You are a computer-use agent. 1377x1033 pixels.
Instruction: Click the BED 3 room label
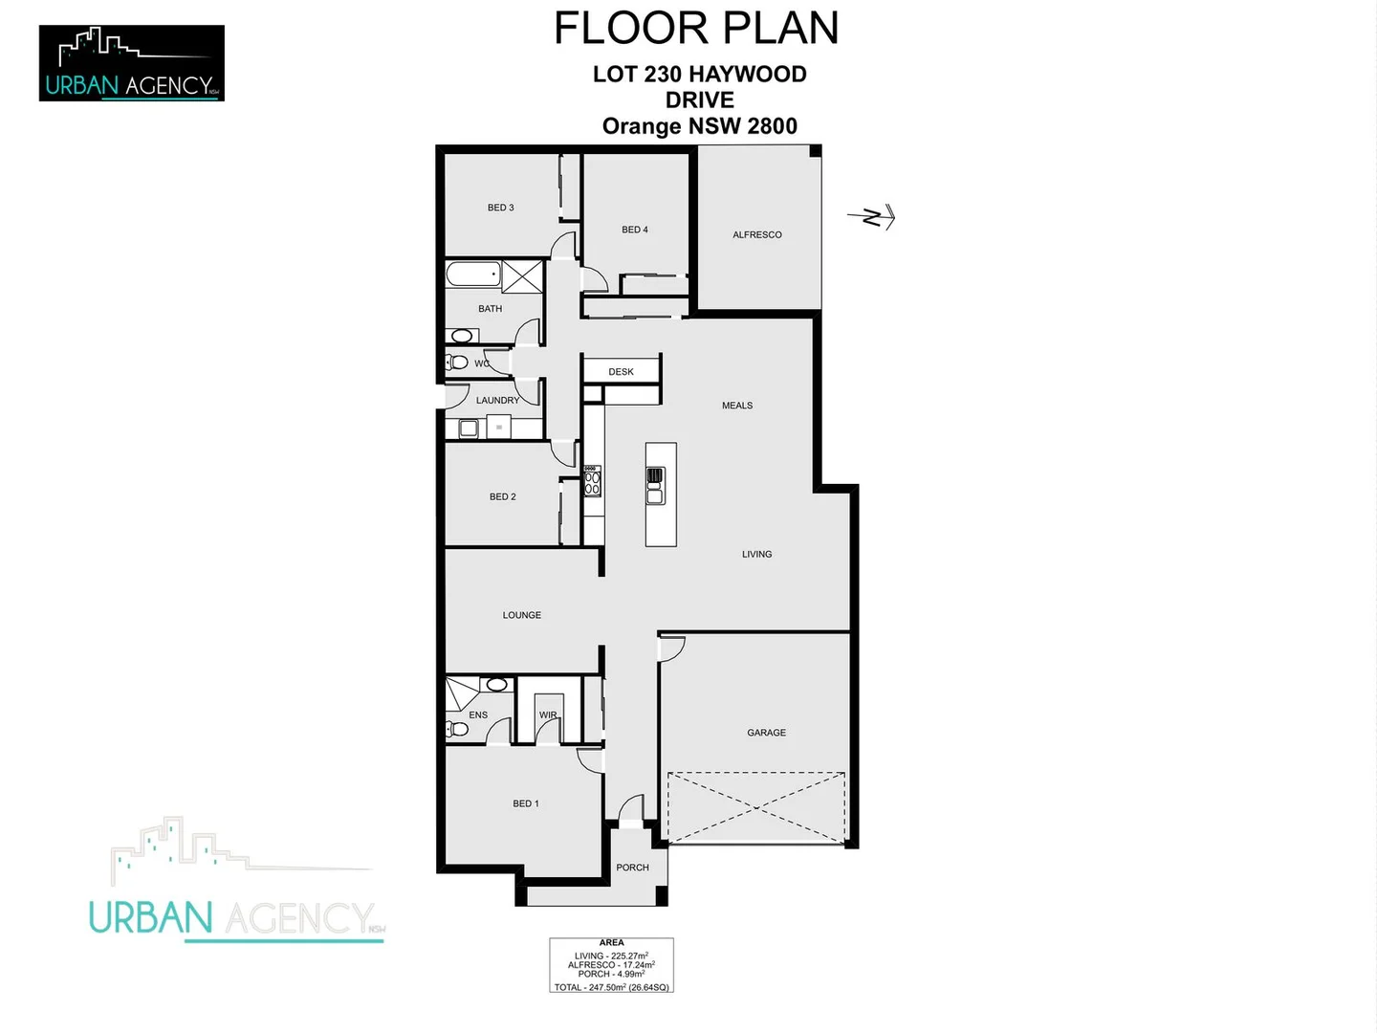tap(500, 208)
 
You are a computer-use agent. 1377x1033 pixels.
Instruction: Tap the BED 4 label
tap(635, 230)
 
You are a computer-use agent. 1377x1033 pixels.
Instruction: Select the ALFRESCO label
tap(757, 234)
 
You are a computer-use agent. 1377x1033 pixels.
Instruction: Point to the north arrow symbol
tap(873, 218)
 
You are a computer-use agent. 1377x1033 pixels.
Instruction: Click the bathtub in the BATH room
tap(473, 275)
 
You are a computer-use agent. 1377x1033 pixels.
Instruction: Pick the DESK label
tap(621, 372)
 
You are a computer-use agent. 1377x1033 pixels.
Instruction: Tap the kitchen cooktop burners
tap(592, 481)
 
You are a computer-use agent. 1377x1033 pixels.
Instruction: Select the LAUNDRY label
tap(497, 401)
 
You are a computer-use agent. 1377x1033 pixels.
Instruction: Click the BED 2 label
tap(502, 497)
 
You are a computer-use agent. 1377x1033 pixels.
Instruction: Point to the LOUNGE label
tap(522, 615)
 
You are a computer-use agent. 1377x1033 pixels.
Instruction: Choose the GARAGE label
tap(766, 733)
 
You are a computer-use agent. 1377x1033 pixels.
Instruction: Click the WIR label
tap(548, 715)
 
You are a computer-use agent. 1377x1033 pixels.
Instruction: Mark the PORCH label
tap(632, 868)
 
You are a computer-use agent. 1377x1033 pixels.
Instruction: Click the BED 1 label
tap(526, 803)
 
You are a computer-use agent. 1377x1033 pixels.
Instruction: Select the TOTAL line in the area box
tap(611, 987)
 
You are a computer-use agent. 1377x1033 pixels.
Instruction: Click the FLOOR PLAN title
tap(696, 29)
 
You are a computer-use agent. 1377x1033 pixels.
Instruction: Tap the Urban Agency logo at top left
tap(132, 63)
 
